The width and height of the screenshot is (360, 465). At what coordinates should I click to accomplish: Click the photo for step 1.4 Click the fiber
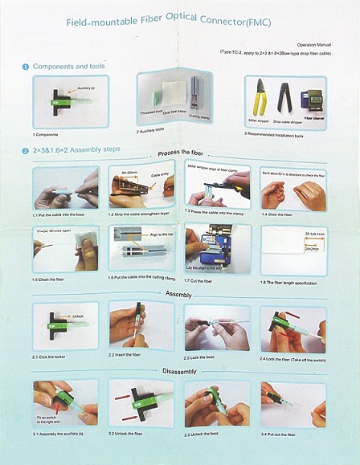click(292, 188)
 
